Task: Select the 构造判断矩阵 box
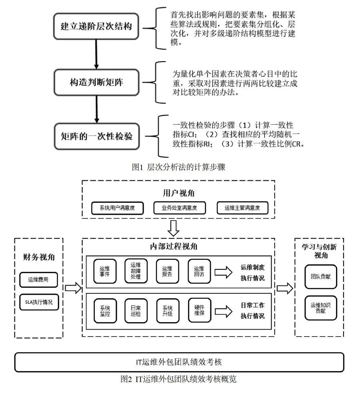click(96, 82)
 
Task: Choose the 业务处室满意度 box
click(179, 208)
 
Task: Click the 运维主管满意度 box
click(242, 208)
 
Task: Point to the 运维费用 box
click(39, 280)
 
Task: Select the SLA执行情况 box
click(39, 302)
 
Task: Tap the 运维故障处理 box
click(136, 271)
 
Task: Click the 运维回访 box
click(199, 271)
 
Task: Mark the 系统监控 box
click(105, 311)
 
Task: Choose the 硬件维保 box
click(199, 311)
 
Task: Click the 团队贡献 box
click(320, 276)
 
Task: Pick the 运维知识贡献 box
click(320, 307)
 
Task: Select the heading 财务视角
click(38, 257)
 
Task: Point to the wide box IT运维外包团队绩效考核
click(179, 362)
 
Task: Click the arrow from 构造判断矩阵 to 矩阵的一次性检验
click(96, 110)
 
